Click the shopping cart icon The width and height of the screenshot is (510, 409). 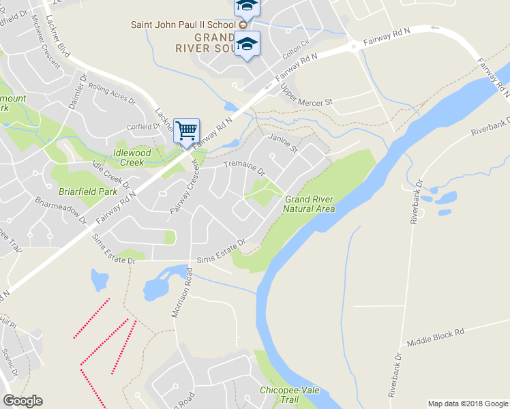pos(186,130)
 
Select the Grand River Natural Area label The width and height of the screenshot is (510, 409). pos(309,204)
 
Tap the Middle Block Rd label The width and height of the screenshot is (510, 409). pos(435,337)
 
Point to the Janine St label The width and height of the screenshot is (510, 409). pos(284,142)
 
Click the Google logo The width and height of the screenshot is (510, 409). pos(22,400)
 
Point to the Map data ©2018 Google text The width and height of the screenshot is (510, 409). pos(467,404)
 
